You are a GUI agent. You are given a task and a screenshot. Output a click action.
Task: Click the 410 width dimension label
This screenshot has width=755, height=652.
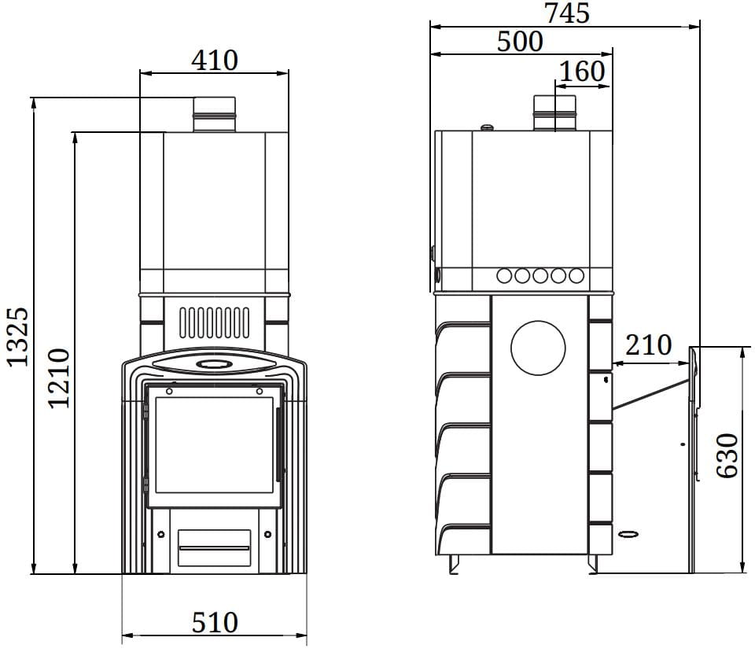tap(214, 61)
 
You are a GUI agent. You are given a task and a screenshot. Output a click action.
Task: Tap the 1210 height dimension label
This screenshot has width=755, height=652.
tap(59, 378)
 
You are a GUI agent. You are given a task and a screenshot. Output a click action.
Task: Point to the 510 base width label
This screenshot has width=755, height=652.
tap(215, 622)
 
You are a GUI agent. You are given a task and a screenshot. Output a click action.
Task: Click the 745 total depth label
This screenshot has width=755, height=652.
tap(567, 13)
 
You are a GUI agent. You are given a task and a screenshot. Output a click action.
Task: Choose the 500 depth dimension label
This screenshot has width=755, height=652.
tap(520, 42)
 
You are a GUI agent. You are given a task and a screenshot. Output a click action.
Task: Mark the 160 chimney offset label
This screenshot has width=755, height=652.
tap(582, 72)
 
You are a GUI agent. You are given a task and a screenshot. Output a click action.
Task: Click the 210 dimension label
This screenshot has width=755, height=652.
tap(648, 344)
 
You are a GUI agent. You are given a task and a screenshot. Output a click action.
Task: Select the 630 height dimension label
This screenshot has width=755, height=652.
tap(727, 456)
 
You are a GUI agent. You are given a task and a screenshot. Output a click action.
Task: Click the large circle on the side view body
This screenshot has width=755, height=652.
tap(538, 348)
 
